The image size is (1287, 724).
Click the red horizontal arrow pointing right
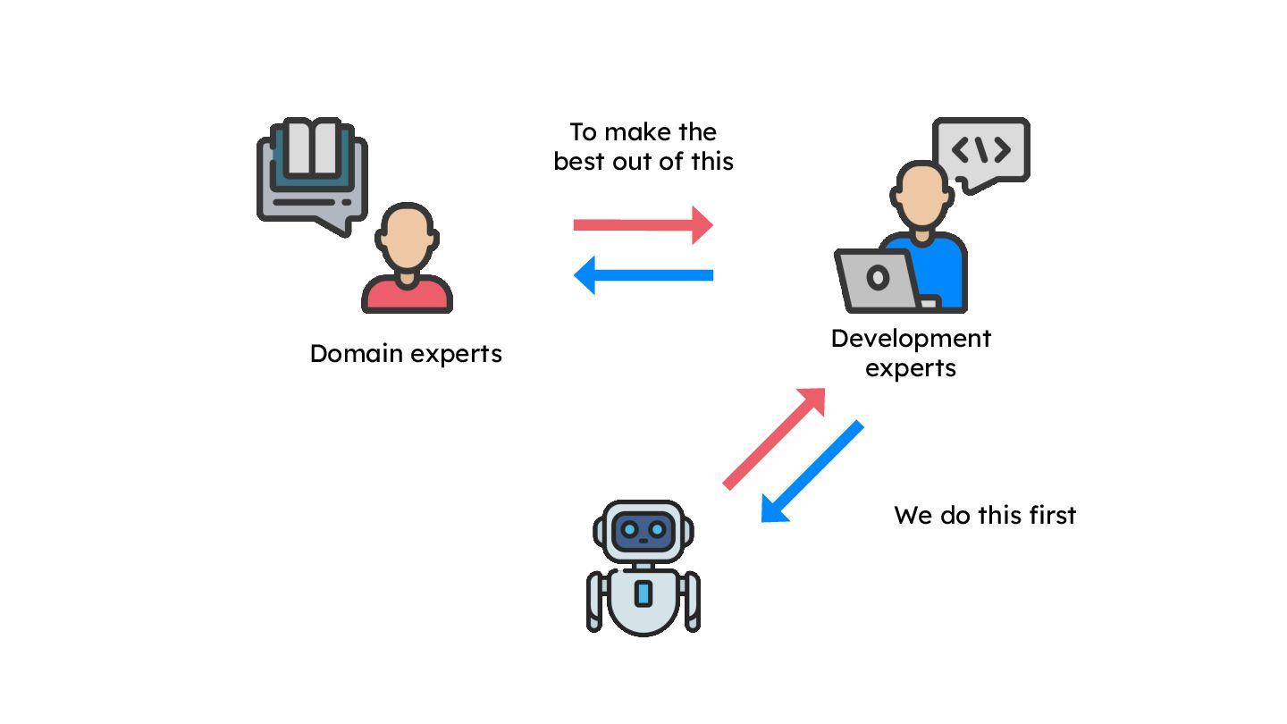[643, 224]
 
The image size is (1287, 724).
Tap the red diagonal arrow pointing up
[774, 438]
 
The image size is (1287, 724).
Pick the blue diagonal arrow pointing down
[812, 471]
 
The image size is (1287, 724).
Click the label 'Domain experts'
[406, 354]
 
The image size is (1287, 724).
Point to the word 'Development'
[911, 339]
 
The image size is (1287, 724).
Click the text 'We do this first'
[985, 516]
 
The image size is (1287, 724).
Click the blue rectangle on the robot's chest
[643, 594]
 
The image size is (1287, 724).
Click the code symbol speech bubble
[981, 151]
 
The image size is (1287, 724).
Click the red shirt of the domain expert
[407, 294]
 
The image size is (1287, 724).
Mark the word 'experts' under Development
[911, 368]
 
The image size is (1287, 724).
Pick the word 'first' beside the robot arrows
[1052, 516]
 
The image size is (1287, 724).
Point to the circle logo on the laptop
[878, 278]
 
